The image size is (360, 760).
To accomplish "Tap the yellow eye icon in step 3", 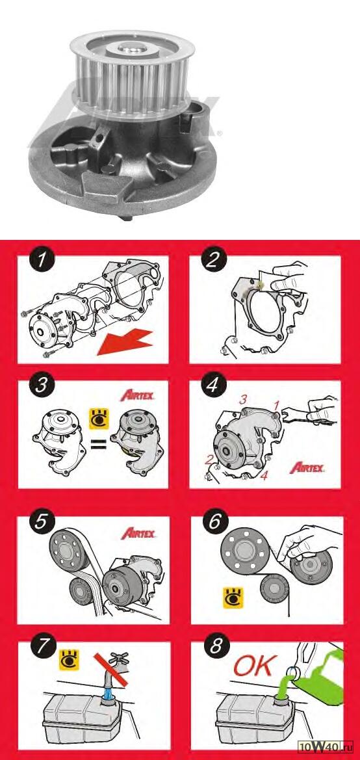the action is point(99,418).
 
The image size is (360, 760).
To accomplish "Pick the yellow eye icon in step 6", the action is point(232,598).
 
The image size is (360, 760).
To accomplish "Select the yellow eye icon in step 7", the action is point(70,661).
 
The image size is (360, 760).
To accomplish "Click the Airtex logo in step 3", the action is point(138,395).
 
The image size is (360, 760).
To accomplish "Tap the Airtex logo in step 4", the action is point(307,467).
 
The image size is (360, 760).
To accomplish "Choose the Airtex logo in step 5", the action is point(138,534).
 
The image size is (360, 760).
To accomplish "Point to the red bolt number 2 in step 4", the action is point(209,460).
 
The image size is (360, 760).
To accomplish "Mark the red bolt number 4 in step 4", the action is point(264,475).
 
